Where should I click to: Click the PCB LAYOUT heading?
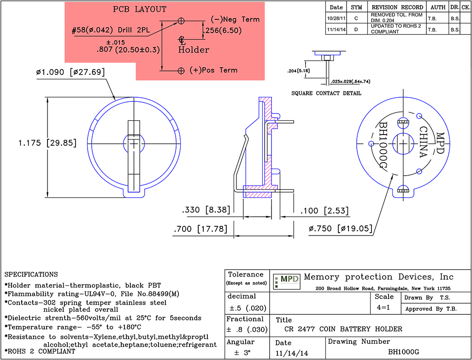click(x=140, y=9)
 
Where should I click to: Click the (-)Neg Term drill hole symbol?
click(x=181, y=21)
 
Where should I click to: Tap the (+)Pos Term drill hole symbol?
click(x=181, y=71)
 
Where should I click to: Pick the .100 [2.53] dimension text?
click(x=324, y=211)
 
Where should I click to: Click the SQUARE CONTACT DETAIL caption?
click(x=326, y=93)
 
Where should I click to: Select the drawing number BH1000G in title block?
click(x=404, y=352)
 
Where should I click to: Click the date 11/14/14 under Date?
click(x=292, y=353)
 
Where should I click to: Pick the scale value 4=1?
click(x=384, y=307)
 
